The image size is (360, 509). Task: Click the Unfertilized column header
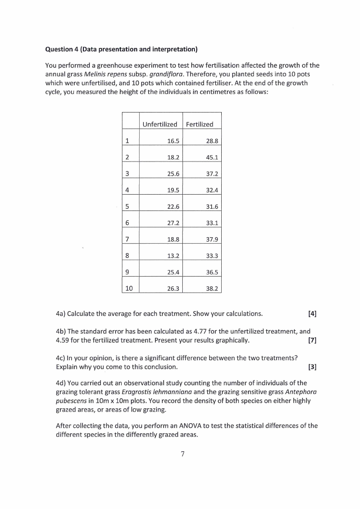coord(160,124)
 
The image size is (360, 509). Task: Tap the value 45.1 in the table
coord(212,157)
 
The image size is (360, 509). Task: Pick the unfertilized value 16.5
coord(173,141)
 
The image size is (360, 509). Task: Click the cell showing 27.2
coord(173,223)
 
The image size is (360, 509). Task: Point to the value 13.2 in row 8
coord(173,255)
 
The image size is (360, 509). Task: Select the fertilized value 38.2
coord(212,288)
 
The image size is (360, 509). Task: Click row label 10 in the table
coord(129,288)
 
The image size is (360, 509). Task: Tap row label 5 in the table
coord(127,206)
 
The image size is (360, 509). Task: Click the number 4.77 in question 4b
coord(200,331)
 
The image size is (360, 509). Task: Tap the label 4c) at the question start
coord(60,357)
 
